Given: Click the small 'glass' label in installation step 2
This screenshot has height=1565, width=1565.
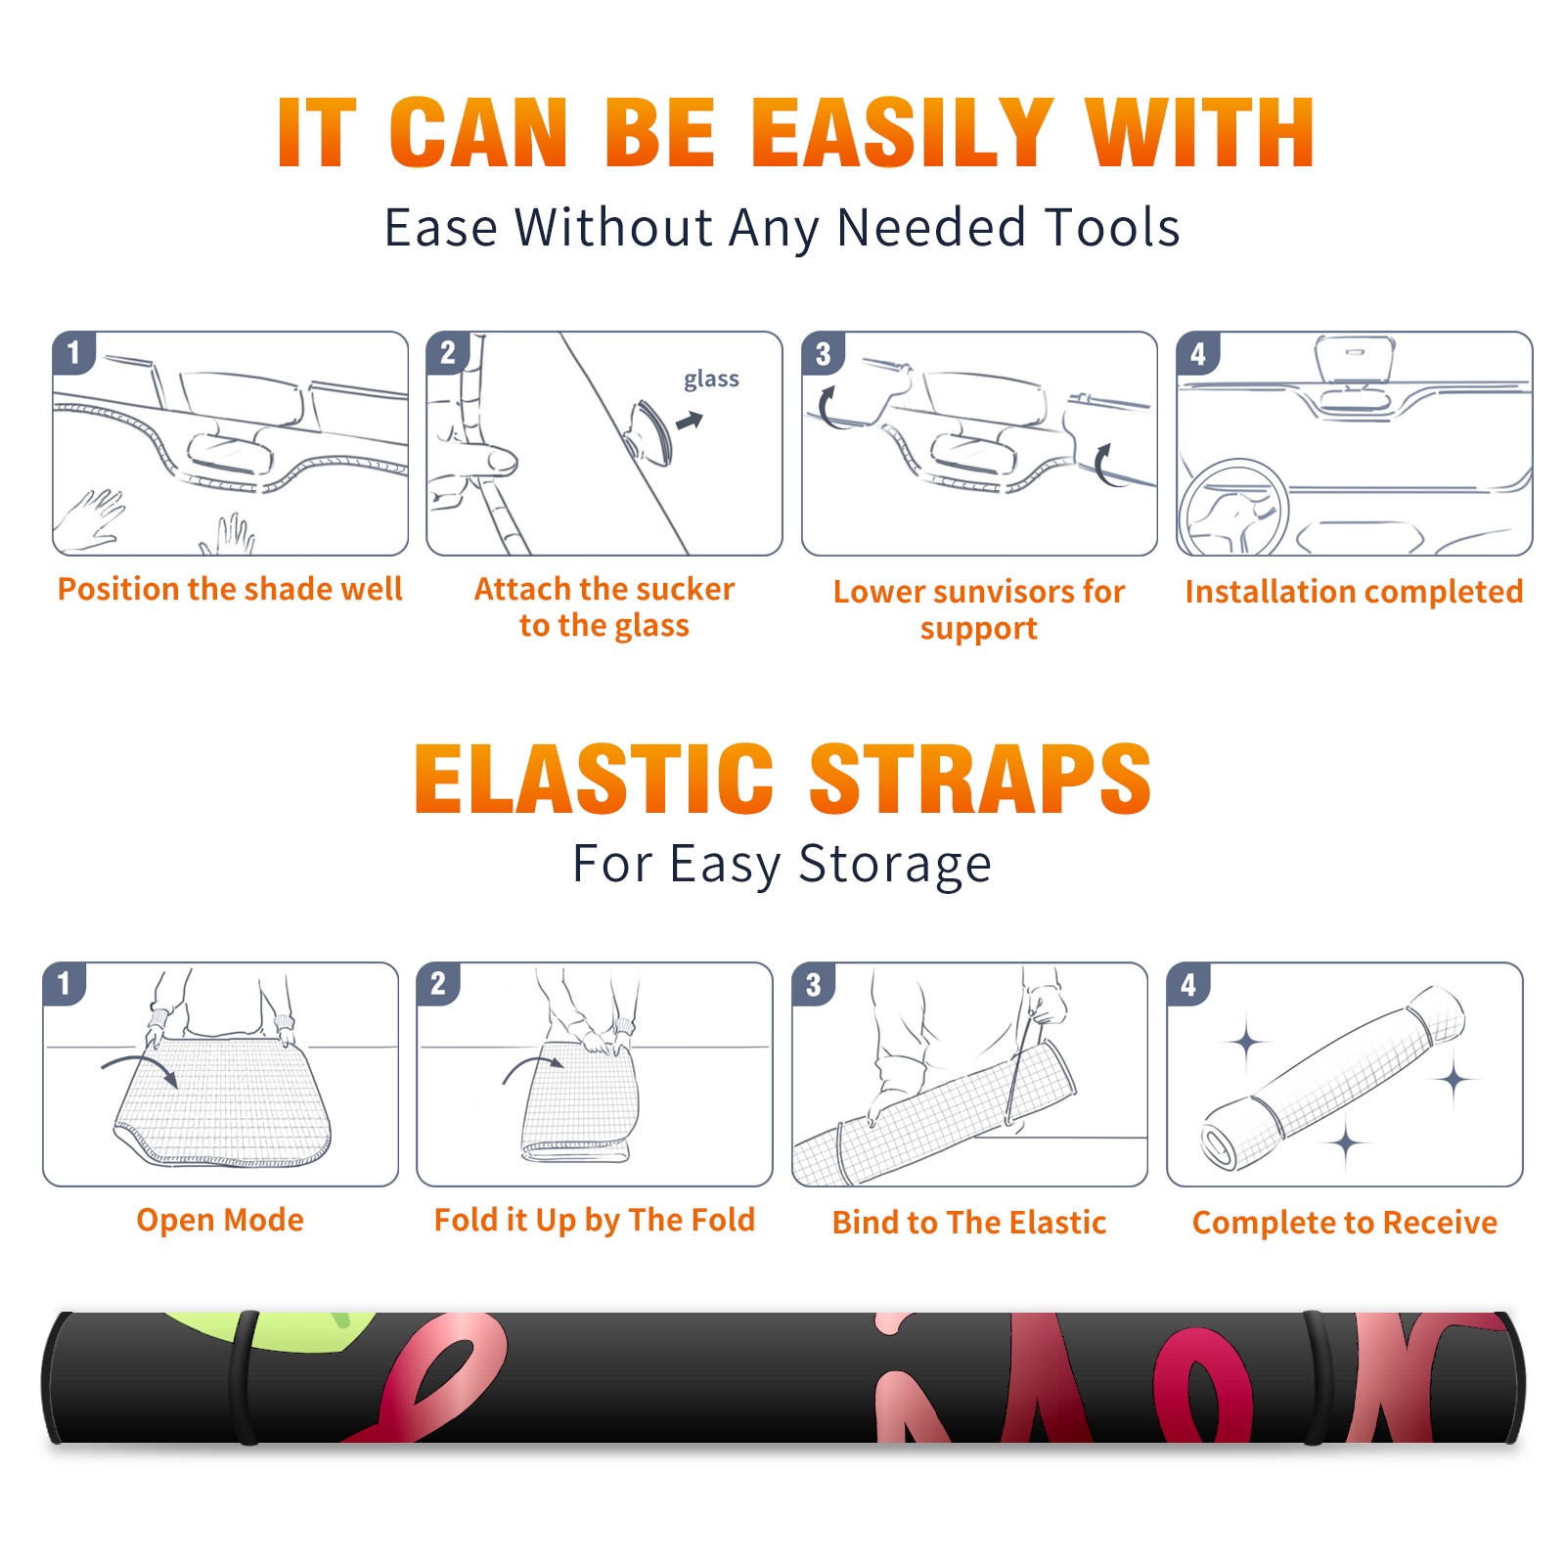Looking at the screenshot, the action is point(711,380).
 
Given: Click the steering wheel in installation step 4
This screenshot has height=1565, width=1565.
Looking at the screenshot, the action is point(1233,510).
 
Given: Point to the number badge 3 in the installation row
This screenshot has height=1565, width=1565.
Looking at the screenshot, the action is point(823,353).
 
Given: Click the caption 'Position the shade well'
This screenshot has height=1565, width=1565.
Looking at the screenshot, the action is point(230,589).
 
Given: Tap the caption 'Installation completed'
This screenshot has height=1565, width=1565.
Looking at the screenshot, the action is point(1354,591).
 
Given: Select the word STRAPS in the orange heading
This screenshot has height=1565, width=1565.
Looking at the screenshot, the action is point(980,779).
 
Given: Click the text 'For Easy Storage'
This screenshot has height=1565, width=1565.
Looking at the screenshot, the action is point(782,864).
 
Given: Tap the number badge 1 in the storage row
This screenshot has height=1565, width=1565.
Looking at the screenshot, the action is point(65,983).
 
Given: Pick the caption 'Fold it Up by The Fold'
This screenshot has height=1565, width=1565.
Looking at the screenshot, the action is point(595,1220).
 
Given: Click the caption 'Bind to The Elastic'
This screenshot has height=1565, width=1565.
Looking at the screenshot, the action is point(969,1223).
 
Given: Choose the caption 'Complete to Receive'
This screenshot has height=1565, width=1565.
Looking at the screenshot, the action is point(1345,1223).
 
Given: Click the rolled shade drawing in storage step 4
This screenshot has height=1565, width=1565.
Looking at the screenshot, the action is point(1333,1079).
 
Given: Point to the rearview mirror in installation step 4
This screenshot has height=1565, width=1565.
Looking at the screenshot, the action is point(1354,359).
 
